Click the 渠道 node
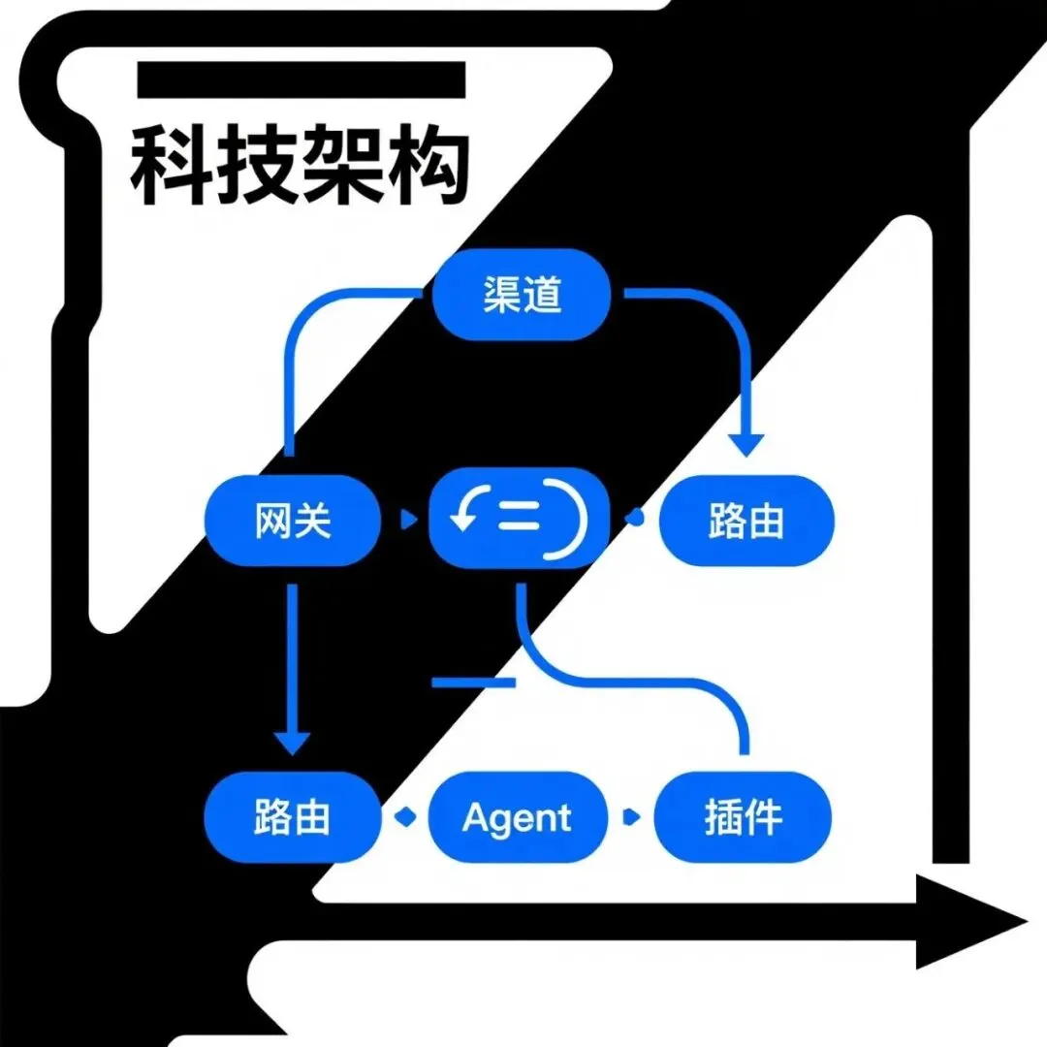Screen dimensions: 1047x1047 [x=522, y=295]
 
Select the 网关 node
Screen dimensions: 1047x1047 [x=293, y=521]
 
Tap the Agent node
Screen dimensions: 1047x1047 [x=518, y=817]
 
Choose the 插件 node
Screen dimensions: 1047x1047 [x=744, y=817]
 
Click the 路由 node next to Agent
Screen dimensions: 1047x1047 [x=293, y=817]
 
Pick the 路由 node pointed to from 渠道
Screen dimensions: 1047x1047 [x=746, y=521]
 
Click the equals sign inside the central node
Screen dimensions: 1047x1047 [x=518, y=520]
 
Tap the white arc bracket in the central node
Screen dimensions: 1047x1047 [x=573, y=521]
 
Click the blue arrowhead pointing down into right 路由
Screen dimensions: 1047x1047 [x=746, y=444]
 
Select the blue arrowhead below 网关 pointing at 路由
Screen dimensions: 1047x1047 [x=292, y=743]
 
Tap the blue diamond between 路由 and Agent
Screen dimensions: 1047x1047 [x=405, y=817]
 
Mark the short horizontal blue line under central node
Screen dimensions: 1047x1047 [x=473, y=683]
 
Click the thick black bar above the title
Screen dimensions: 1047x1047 [x=301, y=79]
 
